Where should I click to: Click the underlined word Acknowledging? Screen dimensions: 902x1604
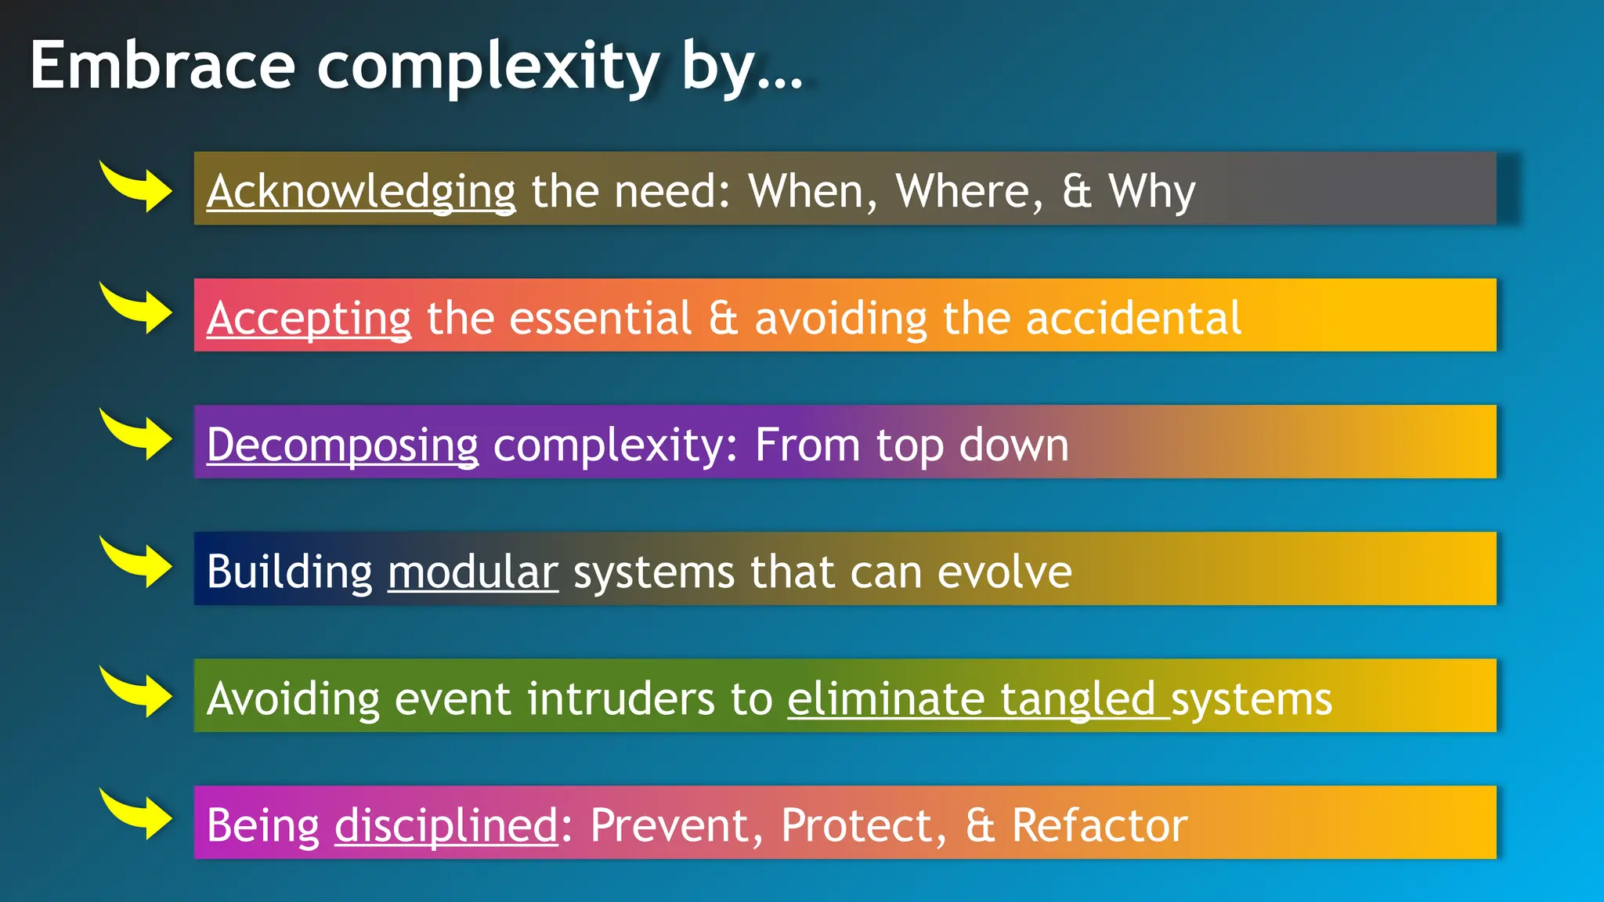[x=361, y=192]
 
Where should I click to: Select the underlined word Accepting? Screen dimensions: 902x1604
[x=309, y=319]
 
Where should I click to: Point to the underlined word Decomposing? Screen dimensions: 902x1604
[x=342, y=446]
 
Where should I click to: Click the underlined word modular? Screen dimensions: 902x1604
[x=473, y=572]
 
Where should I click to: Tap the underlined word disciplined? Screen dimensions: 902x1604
[x=446, y=826]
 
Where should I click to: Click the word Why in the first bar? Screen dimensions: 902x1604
[x=1151, y=192]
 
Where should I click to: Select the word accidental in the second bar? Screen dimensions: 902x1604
[x=1133, y=319]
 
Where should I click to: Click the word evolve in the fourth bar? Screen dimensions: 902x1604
[x=1005, y=572]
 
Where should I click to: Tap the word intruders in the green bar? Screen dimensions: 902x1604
[x=620, y=699]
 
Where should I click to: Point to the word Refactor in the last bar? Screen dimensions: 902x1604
[x=1100, y=826]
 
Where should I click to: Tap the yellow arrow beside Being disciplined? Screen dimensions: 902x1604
[x=137, y=814]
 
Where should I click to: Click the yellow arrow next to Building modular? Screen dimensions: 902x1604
[x=137, y=562]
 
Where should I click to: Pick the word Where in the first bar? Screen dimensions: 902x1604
[x=969, y=192]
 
